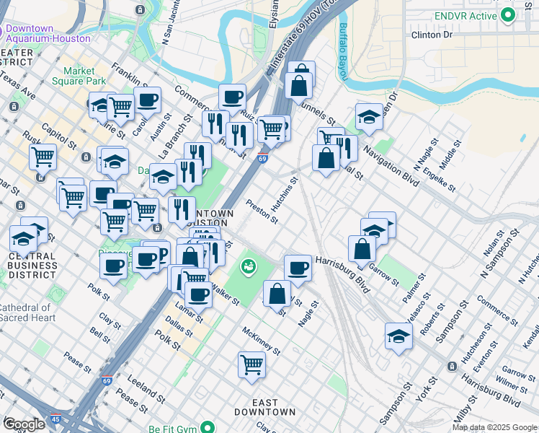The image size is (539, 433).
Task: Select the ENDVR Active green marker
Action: coord(508,14)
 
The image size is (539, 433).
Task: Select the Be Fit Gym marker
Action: coord(208,427)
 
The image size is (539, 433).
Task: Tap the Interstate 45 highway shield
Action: coord(55,419)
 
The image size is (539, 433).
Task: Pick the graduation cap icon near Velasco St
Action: coord(398,336)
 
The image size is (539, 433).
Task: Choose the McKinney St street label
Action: coord(261,341)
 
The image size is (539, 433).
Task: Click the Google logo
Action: coord(24,424)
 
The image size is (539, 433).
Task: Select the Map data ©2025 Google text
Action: coord(494,427)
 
